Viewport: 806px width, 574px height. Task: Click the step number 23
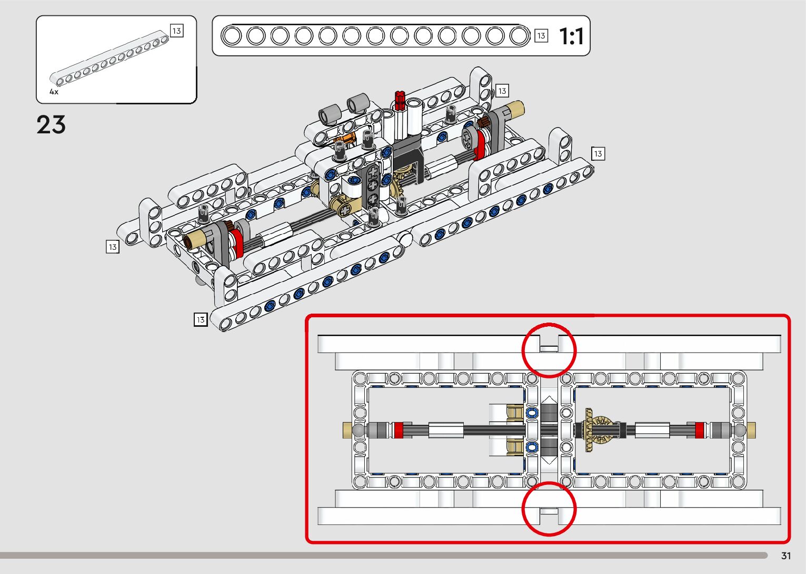[51, 125]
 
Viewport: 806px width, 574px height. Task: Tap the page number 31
[786, 556]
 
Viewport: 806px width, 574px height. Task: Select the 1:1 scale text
[571, 36]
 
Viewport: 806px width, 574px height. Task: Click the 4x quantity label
[54, 92]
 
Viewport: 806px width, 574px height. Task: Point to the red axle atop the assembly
[400, 100]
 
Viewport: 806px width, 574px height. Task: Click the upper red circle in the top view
[549, 350]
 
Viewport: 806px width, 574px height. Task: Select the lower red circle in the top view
[549, 509]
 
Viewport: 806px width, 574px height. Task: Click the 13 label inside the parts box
[176, 31]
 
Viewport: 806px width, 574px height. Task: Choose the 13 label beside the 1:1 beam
[541, 36]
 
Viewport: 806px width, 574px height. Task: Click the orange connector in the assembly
[344, 140]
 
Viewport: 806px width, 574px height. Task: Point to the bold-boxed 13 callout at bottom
[201, 319]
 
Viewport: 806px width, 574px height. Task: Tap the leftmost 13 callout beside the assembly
[112, 247]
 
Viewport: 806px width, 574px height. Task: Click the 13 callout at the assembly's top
[502, 91]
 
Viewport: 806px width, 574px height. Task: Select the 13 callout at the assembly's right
[598, 153]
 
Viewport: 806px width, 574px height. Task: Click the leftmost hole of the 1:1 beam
[232, 36]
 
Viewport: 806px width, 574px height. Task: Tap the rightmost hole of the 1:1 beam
[519, 36]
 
